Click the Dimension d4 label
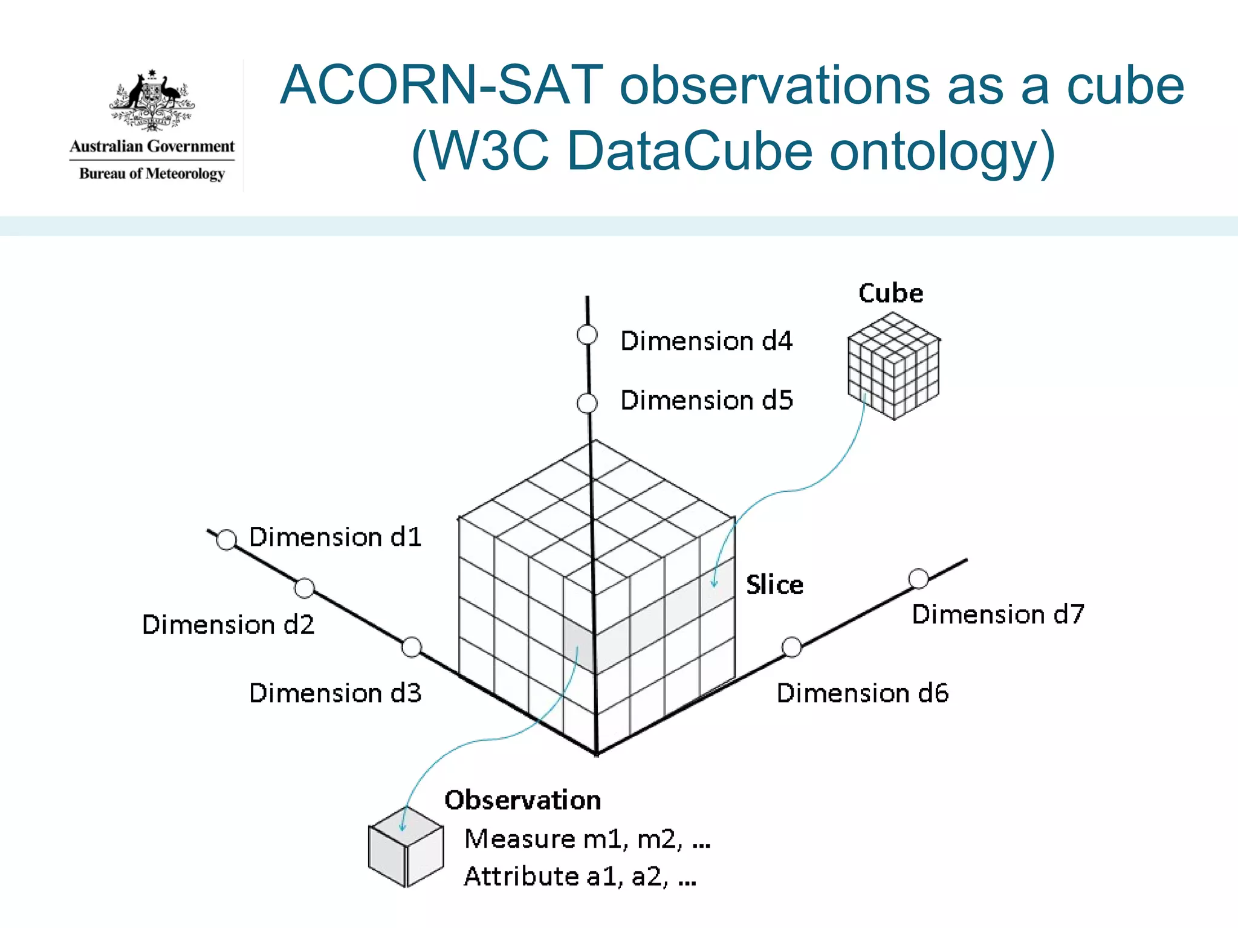click(x=706, y=341)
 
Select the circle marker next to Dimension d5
click(x=587, y=403)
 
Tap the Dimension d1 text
click(x=335, y=537)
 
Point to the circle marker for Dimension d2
click(x=304, y=588)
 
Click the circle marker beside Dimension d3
click(x=412, y=647)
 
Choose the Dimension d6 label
click(x=863, y=693)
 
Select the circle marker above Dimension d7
click(x=918, y=579)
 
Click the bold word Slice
click(x=774, y=585)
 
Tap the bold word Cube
click(x=890, y=294)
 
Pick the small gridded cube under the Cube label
click(x=893, y=366)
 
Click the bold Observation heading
click(x=523, y=801)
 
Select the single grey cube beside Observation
click(x=406, y=848)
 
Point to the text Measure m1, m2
click(x=587, y=839)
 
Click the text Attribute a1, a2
click(x=580, y=877)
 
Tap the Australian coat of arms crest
click(x=152, y=100)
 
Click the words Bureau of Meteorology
click(x=152, y=174)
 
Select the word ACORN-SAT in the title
click(x=441, y=86)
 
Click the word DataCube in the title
click(x=690, y=151)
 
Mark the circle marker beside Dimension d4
click(x=587, y=335)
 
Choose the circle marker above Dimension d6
click(x=791, y=647)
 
